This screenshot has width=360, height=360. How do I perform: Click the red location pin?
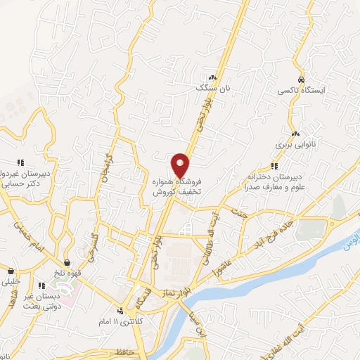click(181, 165)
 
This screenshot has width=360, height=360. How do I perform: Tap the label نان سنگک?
click(213, 89)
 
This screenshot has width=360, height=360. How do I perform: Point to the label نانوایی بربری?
click(292, 144)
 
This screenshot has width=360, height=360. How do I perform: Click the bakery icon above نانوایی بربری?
click(295, 133)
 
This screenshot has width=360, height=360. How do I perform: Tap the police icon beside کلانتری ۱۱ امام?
click(120, 310)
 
